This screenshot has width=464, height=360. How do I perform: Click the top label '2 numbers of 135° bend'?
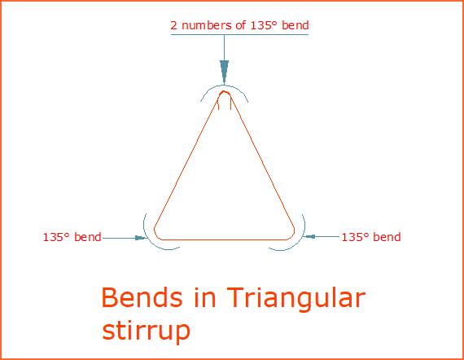(239, 25)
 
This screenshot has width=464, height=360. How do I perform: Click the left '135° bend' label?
(72, 238)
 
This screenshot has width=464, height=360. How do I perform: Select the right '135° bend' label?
(370, 237)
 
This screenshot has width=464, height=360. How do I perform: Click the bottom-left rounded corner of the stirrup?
(160, 235)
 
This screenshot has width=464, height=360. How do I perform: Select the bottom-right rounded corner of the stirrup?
(291, 234)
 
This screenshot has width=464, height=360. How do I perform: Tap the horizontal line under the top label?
(239, 36)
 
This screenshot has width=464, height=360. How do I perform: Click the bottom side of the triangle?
(225, 239)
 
